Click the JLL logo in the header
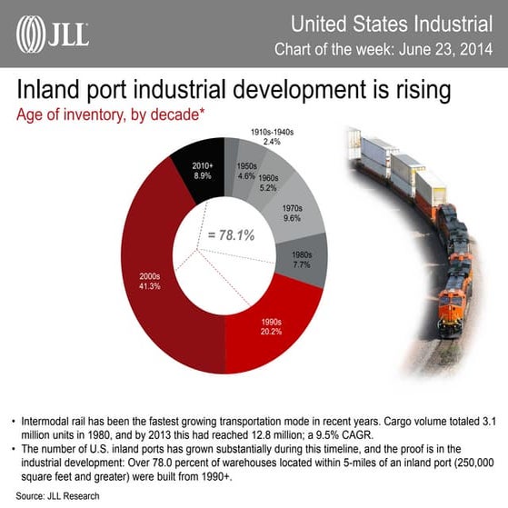53,35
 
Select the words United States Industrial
403,20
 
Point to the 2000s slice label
149,279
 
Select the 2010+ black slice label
203,169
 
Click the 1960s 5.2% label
267,184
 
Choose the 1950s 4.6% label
245,172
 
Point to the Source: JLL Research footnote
57,497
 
